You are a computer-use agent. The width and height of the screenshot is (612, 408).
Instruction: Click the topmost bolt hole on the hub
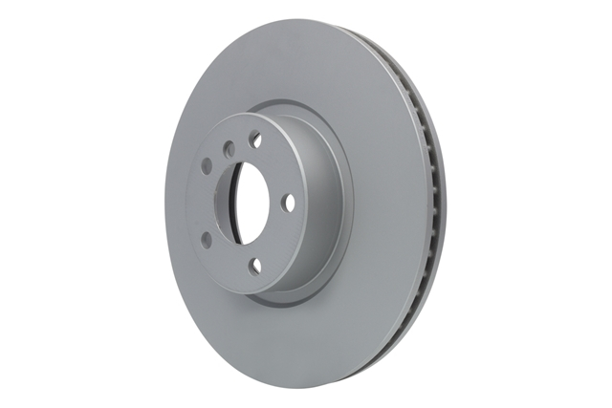(x=255, y=140)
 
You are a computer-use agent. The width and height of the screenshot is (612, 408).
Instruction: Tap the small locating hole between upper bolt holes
(x=229, y=150)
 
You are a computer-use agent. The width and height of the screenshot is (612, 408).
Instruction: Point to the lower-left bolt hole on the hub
(x=208, y=240)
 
